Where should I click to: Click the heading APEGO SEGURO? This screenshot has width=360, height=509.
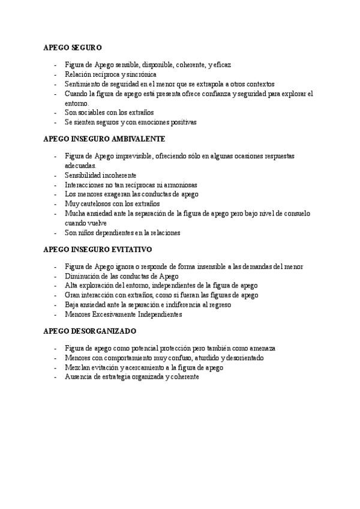(73, 46)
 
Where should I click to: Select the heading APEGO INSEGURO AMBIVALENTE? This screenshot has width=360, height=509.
(105, 138)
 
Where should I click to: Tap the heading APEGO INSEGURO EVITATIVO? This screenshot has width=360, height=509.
(98, 248)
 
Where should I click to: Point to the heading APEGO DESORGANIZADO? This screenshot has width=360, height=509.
(90, 331)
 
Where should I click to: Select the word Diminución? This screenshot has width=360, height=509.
(82, 276)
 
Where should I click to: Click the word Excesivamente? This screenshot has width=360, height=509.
(115, 315)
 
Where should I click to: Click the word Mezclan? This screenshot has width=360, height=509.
(78, 368)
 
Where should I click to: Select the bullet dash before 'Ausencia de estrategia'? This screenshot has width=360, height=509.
(55, 378)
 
